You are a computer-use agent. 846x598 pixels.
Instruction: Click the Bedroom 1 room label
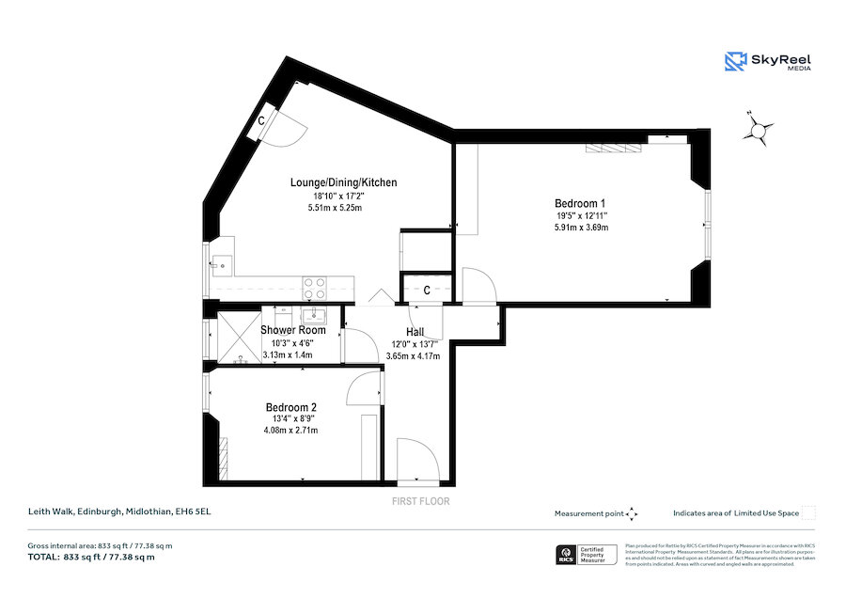click(580, 203)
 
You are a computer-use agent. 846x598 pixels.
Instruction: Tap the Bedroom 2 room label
click(290, 407)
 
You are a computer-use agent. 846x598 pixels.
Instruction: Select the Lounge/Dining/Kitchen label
click(343, 182)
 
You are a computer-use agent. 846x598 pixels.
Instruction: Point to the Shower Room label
click(293, 330)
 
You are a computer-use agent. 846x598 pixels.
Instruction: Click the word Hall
click(415, 332)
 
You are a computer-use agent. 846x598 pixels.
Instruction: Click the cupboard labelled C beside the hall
click(426, 290)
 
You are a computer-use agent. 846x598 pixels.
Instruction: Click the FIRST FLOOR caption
click(420, 501)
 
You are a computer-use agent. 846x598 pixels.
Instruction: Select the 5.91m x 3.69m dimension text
click(580, 228)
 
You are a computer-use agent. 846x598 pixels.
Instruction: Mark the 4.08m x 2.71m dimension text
click(290, 431)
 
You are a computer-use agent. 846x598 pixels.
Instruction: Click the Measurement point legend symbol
click(632, 513)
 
